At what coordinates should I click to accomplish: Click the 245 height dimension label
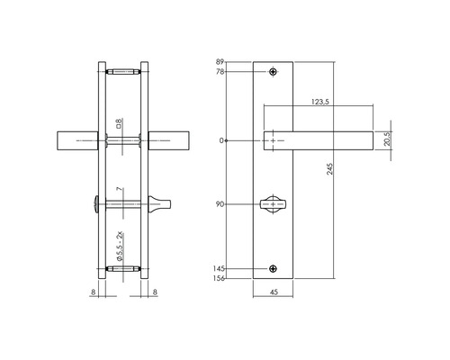coord(329,169)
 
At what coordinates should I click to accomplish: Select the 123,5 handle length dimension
coord(320,102)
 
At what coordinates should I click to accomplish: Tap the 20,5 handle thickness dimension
coord(388,139)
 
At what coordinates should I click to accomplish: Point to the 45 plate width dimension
coord(274,292)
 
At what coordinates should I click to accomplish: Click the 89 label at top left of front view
coord(220,62)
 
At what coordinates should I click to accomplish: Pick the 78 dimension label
coord(220,72)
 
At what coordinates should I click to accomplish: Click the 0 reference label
coord(221,140)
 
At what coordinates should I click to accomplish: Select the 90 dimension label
coord(220,204)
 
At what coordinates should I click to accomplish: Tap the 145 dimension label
coord(219,268)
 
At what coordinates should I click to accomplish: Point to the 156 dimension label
coord(219,278)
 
